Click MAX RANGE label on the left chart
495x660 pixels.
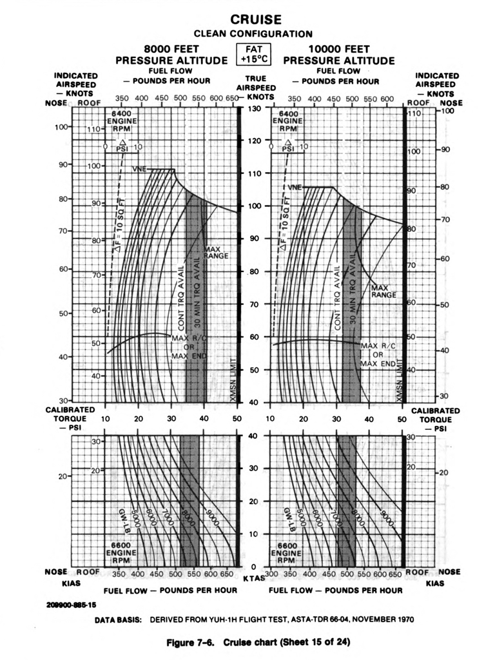point(211,252)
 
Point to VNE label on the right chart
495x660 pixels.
point(295,187)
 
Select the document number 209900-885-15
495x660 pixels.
point(72,605)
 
